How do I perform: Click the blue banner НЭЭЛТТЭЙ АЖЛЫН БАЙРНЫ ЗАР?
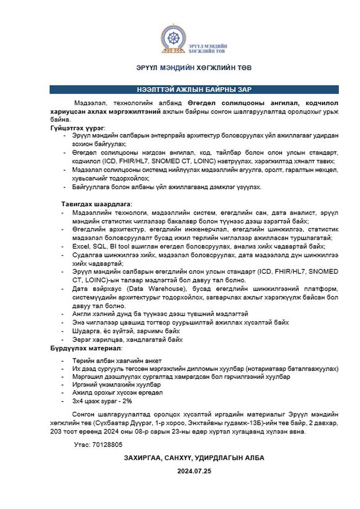194,89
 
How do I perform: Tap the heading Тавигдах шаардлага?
96,205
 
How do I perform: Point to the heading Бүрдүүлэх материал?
86,348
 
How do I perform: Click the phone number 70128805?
107,444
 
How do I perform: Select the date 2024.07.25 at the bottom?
194,471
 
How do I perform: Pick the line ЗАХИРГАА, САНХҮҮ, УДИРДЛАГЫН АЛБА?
194,458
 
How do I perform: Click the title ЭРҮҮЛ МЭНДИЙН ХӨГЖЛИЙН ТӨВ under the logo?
194,68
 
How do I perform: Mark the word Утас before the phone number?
81,444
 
